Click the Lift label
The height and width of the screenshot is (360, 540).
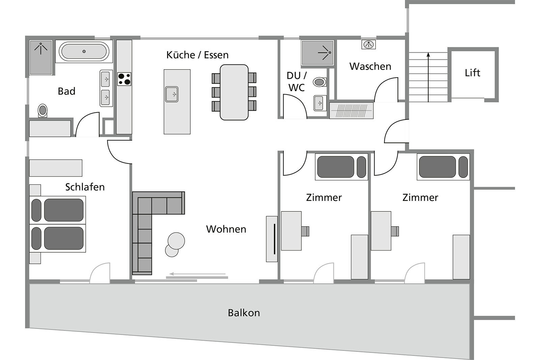(472, 73)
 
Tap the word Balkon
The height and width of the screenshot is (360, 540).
(244, 313)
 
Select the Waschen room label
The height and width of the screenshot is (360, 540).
(370, 66)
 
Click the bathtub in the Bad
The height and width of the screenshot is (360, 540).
(84, 51)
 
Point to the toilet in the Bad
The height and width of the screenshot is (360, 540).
(43, 110)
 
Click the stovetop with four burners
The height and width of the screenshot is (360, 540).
(125, 79)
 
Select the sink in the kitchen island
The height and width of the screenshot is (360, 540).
(172, 94)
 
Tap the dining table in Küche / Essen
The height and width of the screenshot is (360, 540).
(234, 92)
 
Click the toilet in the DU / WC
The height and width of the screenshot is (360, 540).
(320, 82)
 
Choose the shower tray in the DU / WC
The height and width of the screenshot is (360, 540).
(318, 53)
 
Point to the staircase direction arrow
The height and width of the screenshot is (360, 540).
(428, 77)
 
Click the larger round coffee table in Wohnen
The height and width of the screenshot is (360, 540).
(176, 241)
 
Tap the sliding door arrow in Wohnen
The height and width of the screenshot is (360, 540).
(197, 274)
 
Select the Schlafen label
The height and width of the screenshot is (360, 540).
(85, 187)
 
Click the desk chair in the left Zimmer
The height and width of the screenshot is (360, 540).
(305, 231)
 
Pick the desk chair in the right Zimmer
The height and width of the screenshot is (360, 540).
(395, 231)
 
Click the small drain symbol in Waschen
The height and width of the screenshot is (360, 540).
(369, 44)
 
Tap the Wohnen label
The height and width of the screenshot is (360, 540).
(226, 229)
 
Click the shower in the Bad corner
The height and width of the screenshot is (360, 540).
(41, 58)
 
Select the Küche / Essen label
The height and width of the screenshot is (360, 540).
(197, 55)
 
